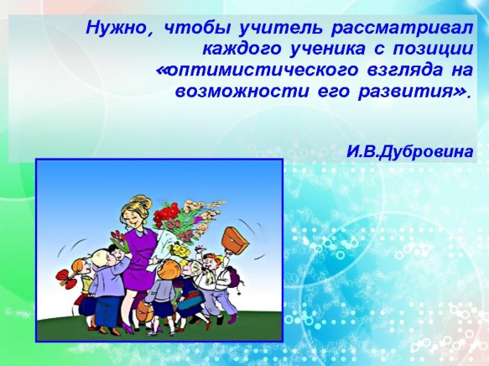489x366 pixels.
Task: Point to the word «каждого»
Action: coord(242,50)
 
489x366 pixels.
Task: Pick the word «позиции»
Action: coord(433,50)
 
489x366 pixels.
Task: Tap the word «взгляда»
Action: coord(405,71)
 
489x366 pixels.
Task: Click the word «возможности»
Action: coord(242,91)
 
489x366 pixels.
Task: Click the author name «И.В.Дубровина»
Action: coord(410,152)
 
